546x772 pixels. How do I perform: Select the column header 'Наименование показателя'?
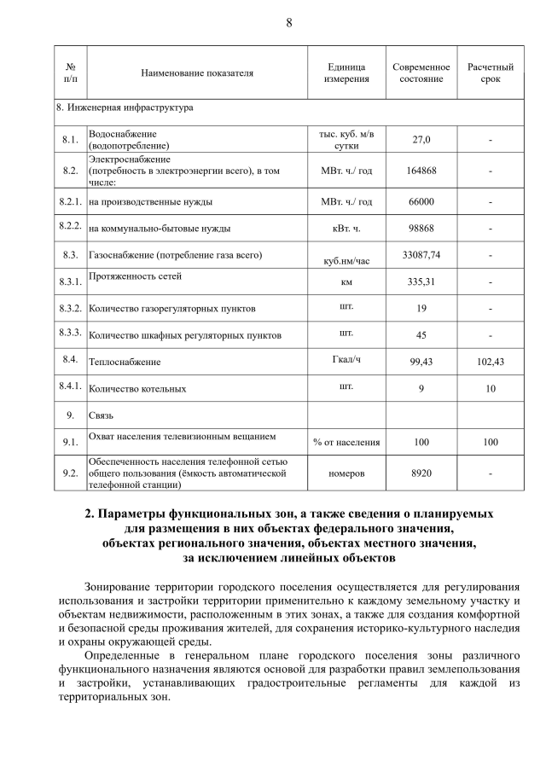point(197,73)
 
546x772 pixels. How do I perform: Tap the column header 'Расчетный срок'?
point(491,73)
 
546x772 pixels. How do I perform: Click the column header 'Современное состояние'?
point(421,73)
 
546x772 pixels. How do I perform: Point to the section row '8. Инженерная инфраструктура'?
point(125,108)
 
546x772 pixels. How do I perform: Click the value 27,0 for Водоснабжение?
point(421,140)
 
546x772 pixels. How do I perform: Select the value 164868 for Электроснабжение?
point(421,171)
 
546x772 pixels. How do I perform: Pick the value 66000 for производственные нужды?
point(421,202)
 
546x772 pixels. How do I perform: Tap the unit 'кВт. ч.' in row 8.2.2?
point(346,229)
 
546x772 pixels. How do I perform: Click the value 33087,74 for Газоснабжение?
point(421,254)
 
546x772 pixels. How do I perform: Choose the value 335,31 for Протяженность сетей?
point(421,282)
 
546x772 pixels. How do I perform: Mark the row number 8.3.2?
point(71,308)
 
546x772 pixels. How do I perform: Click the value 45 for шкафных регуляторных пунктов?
point(421,335)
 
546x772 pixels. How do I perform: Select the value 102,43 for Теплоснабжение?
point(491,362)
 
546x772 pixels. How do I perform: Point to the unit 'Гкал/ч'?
point(346,359)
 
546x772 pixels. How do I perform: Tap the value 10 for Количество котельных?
point(491,389)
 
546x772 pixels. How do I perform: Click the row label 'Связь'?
point(102,415)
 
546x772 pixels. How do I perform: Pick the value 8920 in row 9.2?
point(421,472)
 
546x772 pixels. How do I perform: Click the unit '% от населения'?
point(346,443)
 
